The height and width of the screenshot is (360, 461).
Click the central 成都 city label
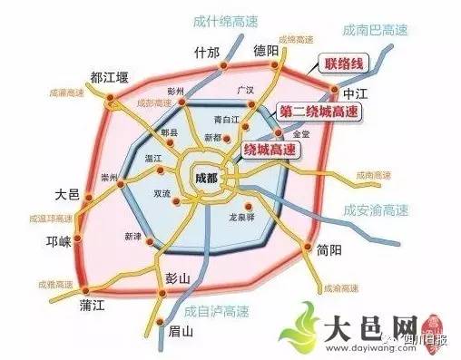[207, 179]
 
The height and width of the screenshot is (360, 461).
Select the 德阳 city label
[266, 50]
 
